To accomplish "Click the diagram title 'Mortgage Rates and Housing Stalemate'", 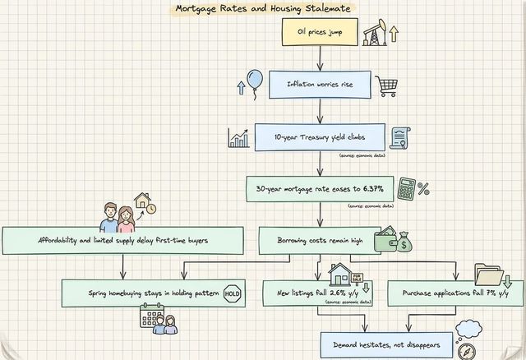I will click(x=262, y=9).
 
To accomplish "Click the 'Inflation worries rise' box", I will click(x=315, y=84).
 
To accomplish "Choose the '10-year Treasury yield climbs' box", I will click(x=315, y=136).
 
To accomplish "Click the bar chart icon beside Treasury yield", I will click(x=238, y=137).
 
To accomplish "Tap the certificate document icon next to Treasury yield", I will click(x=400, y=136).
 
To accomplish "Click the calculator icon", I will click(x=406, y=189).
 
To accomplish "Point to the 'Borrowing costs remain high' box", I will click(x=311, y=241).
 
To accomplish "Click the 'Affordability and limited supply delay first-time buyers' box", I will click(x=123, y=241).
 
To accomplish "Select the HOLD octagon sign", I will click(x=232, y=293).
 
